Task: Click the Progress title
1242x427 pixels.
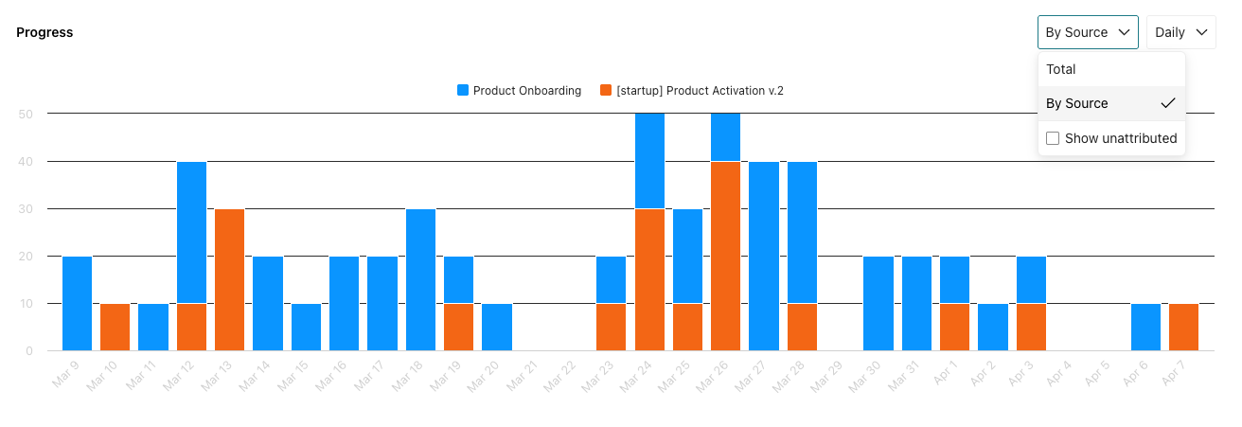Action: [44, 32]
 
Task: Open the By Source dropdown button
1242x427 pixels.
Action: [1087, 32]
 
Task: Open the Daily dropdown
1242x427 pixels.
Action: [1180, 32]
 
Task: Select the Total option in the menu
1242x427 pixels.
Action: [1061, 69]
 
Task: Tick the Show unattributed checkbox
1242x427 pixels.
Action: [1053, 138]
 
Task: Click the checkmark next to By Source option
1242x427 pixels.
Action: [1167, 103]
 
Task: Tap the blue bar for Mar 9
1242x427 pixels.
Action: [77, 303]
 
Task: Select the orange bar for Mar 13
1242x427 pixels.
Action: [229, 279]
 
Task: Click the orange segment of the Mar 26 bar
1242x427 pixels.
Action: [725, 256]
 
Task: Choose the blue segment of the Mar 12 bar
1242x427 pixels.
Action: [191, 232]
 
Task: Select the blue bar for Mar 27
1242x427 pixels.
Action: [764, 256]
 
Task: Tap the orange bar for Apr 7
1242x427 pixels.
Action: [1183, 327]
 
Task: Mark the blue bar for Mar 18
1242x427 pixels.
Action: [420, 279]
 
